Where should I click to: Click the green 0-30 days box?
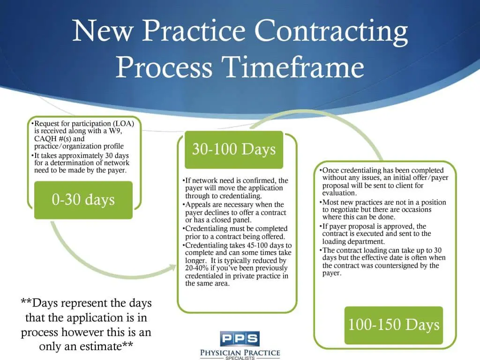[83, 200]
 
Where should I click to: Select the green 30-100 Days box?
[234, 150]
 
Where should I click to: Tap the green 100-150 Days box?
[394, 325]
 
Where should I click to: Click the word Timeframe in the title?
[293, 67]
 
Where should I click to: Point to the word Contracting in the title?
[331, 31]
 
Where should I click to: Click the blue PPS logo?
[240, 338]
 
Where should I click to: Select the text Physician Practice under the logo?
[240, 352]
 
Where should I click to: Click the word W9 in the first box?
[115, 131]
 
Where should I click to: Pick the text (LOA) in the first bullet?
[123, 124]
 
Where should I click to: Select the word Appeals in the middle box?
[198, 205]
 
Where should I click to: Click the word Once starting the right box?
[330, 171]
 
